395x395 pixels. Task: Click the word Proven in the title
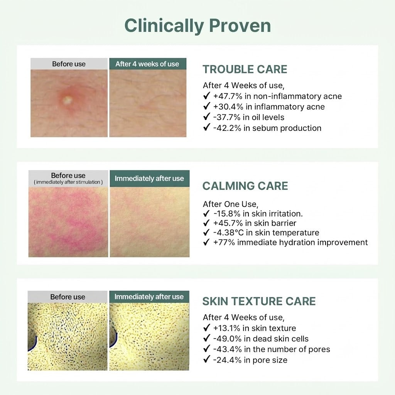(240, 26)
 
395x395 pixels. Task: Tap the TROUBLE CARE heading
(245, 69)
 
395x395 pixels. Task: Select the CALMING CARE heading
(245, 186)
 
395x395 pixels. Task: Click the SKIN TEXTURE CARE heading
(259, 301)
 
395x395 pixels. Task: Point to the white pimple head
(68, 100)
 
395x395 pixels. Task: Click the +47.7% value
(228, 96)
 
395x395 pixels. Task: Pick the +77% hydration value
(224, 242)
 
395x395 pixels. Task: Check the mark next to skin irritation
(206, 213)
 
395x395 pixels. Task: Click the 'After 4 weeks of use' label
(147, 64)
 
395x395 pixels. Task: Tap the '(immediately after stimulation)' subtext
(68, 182)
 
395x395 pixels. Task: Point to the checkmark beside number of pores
(207, 349)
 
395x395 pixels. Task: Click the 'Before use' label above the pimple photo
(69, 64)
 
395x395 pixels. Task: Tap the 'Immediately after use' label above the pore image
(149, 297)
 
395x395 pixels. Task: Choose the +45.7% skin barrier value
(228, 223)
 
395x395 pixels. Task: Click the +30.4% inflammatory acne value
(228, 107)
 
